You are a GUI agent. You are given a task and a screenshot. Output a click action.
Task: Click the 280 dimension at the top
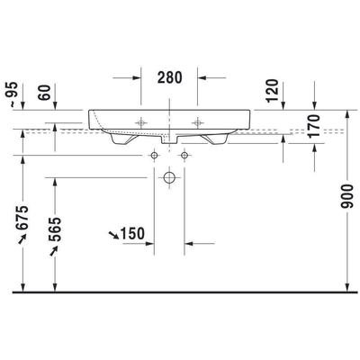169,77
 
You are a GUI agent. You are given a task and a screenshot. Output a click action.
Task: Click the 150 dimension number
132,235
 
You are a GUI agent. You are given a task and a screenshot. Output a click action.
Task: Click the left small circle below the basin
154,156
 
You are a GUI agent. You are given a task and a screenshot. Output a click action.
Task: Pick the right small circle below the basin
184,156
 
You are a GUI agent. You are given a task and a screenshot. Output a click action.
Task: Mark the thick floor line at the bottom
180,292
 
